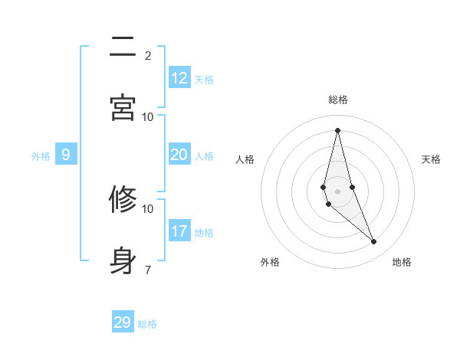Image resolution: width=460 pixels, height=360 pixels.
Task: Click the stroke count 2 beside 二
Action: (x=148, y=55)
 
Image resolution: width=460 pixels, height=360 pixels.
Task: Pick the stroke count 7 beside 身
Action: (x=148, y=270)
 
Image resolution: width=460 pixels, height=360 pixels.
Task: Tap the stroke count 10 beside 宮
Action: (x=148, y=116)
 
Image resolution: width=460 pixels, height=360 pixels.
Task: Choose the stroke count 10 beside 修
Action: (x=148, y=208)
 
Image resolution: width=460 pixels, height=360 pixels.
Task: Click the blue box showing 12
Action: (x=179, y=78)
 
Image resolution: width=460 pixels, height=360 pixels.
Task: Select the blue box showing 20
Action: (x=179, y=155)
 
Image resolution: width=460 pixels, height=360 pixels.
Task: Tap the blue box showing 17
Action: (x=179, y=231)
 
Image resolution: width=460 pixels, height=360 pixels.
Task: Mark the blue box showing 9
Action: (x=66, y=155)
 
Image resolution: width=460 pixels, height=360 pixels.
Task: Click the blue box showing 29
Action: (x=123, y=322)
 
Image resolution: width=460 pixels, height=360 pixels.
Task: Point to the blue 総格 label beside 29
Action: (x=147, y=324)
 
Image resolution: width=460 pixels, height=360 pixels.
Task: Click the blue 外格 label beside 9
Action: (x=41, y=156)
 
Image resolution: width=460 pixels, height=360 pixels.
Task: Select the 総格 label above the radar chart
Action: (x=338, y=100)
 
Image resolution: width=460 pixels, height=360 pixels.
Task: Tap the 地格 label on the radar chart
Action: (x=402, y=262)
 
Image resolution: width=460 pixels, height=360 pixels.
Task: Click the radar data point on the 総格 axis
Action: (x=338, y=129)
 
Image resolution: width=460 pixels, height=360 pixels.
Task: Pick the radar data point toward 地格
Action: (x=374, y=242)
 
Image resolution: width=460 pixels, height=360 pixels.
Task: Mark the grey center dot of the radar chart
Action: (x=338, y=191)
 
